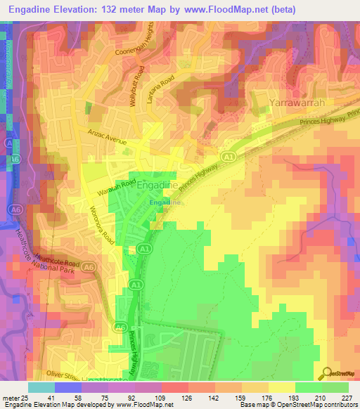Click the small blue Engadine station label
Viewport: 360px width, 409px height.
165,202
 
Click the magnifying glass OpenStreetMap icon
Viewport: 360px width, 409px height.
326,373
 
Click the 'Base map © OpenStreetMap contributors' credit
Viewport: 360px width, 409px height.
297,405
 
